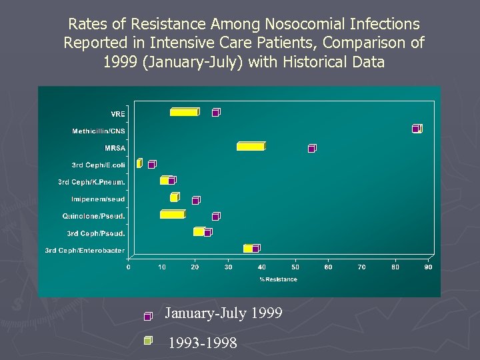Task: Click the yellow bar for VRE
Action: point(184,112)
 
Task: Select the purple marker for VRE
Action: point(216,112)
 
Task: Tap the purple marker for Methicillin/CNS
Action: point(417,128)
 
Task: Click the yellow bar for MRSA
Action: point(251,146)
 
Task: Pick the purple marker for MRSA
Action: point(312,148)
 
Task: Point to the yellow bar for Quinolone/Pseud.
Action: point(173,214)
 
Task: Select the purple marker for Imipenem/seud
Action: point(196,200)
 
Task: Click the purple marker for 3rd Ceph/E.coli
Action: point(152,164)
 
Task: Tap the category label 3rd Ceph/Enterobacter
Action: point(85,251)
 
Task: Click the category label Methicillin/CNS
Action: point(98,131)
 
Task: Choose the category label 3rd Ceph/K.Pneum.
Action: point(91,181)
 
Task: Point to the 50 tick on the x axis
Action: point(295,267)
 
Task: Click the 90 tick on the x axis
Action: point(428,267)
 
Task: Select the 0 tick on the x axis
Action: point(129,267)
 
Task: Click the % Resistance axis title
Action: point(279,279)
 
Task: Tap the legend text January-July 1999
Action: point(223,313)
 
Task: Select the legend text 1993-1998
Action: point(203,343)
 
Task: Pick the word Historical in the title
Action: point(311,62)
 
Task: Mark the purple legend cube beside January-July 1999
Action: point(148,316)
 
